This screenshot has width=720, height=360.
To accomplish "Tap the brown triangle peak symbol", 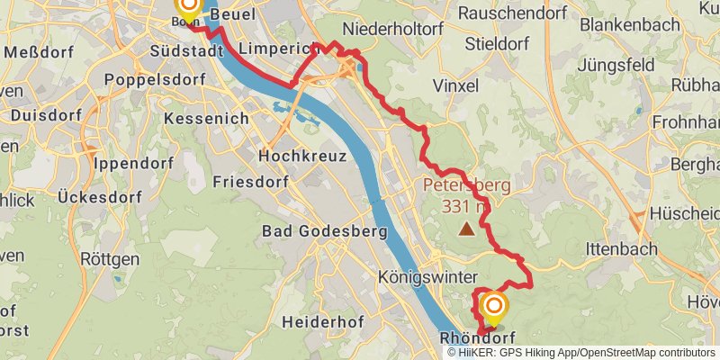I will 466,229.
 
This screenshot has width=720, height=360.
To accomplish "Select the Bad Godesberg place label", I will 324,232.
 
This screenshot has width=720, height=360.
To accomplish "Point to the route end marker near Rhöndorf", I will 493,308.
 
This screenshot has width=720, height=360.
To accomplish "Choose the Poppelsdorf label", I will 156,79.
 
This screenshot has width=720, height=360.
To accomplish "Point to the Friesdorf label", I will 249,182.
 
